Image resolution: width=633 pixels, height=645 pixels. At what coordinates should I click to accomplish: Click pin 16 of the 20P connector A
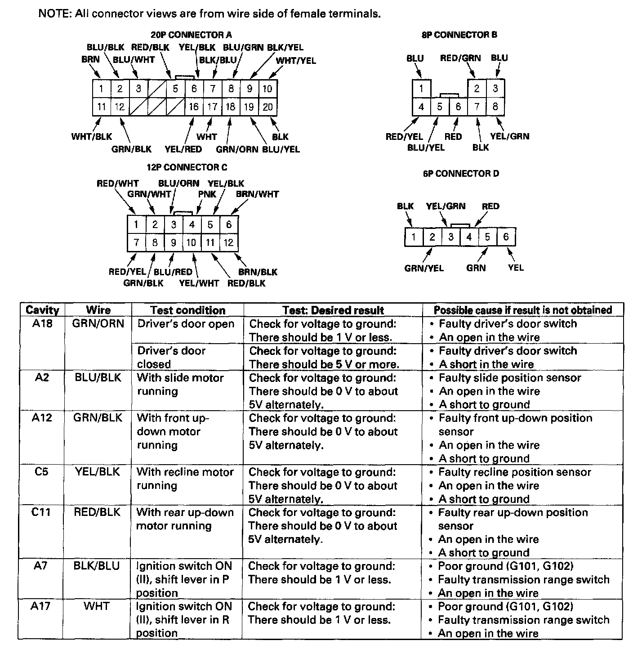pyautogui.click(x=194, y=107)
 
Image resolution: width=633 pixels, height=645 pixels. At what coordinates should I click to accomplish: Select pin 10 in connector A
pyautogui.click(x=267, y=89)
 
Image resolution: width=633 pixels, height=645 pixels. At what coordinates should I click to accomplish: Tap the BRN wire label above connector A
pyautogui.click(x=90, y=59)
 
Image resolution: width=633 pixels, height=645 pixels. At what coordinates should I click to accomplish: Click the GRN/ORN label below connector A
pyautogui.click(x=237, y=149)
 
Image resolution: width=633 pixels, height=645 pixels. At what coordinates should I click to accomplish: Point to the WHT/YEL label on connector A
pyautogui.click(x=296, y=61)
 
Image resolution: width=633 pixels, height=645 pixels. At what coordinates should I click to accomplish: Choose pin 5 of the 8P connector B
pyautogui.click(x=440, y=107)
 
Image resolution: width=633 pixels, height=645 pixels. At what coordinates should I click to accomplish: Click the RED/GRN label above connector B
pyautogui.click(x=460, y=58)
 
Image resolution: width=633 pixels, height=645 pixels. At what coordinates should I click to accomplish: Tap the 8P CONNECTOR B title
pyautogui.click(x=459, y=35)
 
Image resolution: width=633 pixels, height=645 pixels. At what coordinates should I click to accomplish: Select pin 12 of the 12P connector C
pyautogui.click(x=228, y=243)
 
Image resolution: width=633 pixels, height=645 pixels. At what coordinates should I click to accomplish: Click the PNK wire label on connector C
pyautogui.click(x=207, y=194)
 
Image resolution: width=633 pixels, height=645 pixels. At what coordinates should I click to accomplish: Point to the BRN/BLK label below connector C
pyautogui.click(x=258, y=272)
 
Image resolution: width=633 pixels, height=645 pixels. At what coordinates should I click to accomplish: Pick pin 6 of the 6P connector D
pyautogui.click(x=506, y=237)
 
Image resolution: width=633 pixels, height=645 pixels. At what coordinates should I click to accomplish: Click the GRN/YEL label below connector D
pyautogui.click(x=424, y=268)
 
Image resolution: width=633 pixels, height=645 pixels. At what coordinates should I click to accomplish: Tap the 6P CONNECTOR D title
pyautogui.click(x=461, y=174)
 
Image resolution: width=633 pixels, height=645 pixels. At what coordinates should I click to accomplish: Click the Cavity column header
pyautogui.click(x=42, y=310)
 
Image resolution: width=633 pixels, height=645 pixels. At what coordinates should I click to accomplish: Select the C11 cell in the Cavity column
pyautogui.click(x=41, y=512)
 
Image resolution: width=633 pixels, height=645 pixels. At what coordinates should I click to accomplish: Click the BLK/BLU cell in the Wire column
pyautogui.click(x=97, y=566)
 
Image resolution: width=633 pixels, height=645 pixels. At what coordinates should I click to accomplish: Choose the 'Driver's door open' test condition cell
pyautogui.click(x=186, y=324)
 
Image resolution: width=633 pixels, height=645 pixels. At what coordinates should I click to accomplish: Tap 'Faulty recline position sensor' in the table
pyautogui.click(x=515, y=472)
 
